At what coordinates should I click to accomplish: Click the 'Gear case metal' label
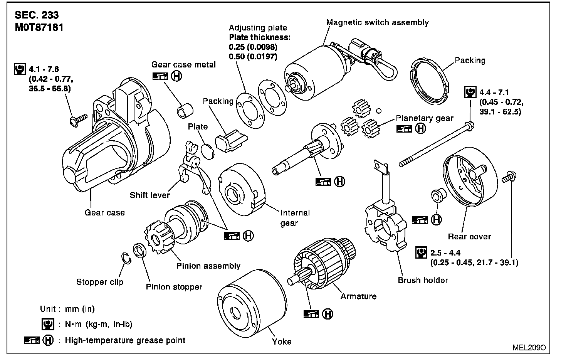pos(183,64)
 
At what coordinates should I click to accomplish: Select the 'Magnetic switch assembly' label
pos(377,22)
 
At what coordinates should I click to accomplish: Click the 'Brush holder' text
pos(423,280)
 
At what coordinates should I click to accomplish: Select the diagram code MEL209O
pos(529,347)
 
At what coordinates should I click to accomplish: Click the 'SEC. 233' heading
pos(37,15)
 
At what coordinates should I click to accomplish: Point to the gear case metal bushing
pos(183,111)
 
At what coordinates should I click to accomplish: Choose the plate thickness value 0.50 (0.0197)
pos(253,57)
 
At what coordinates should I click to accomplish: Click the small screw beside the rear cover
pos(508,178)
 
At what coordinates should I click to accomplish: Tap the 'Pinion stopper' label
pos(174,287)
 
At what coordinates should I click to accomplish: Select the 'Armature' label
pos(358,296)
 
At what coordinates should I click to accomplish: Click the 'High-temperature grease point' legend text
pos(125,340)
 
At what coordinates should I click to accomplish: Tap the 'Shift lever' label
pos(150,195)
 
